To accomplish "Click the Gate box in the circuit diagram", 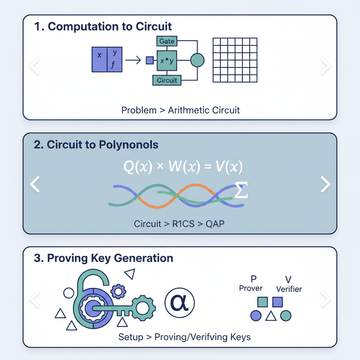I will [167, 41].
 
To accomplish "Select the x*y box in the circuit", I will [167, 61].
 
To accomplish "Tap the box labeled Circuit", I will [167, 80].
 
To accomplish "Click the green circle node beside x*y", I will [197, 60].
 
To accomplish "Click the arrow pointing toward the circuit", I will [133, 61].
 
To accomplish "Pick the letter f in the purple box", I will [113, 65].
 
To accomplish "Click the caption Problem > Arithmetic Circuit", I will [180, 110].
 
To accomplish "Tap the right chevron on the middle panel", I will [325, 184].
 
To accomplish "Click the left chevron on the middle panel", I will [35, 184].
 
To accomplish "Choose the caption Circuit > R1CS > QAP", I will [179, 224].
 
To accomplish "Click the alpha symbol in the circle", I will [180, 302].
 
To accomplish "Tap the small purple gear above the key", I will [118, 291].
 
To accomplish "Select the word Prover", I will [251, 288].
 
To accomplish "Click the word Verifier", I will [289, 290].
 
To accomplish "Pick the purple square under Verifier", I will [278, 302].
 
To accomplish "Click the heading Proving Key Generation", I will [104, 258].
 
